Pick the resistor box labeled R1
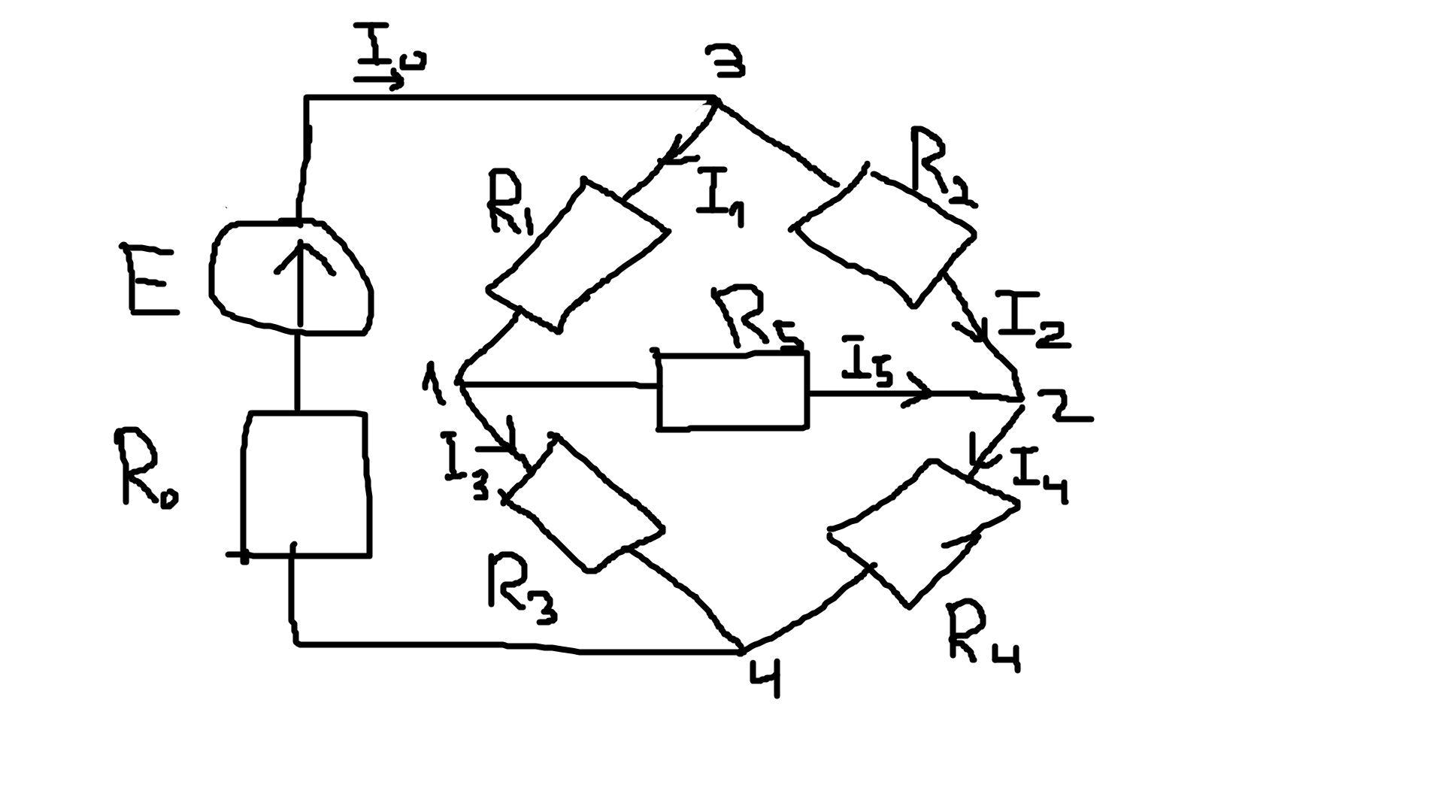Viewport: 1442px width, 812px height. pyautogui.click(x=577, y=255)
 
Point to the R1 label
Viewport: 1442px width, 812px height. pyautogui.click(x=511, y=201)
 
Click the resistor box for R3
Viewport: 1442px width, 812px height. pyautogui.click(x=585, y=503)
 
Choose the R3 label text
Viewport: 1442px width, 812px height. pyautogui.click(x=522, y=589)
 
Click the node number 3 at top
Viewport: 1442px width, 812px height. pyautogui.click(x=725, y=61)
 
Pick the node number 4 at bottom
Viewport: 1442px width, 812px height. pyautogui.click(x=765, y=677)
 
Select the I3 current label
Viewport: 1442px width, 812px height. pyautogui.click(x=468, y=468)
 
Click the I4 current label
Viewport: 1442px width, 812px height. pyautogui.click(x=1040, y=476)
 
